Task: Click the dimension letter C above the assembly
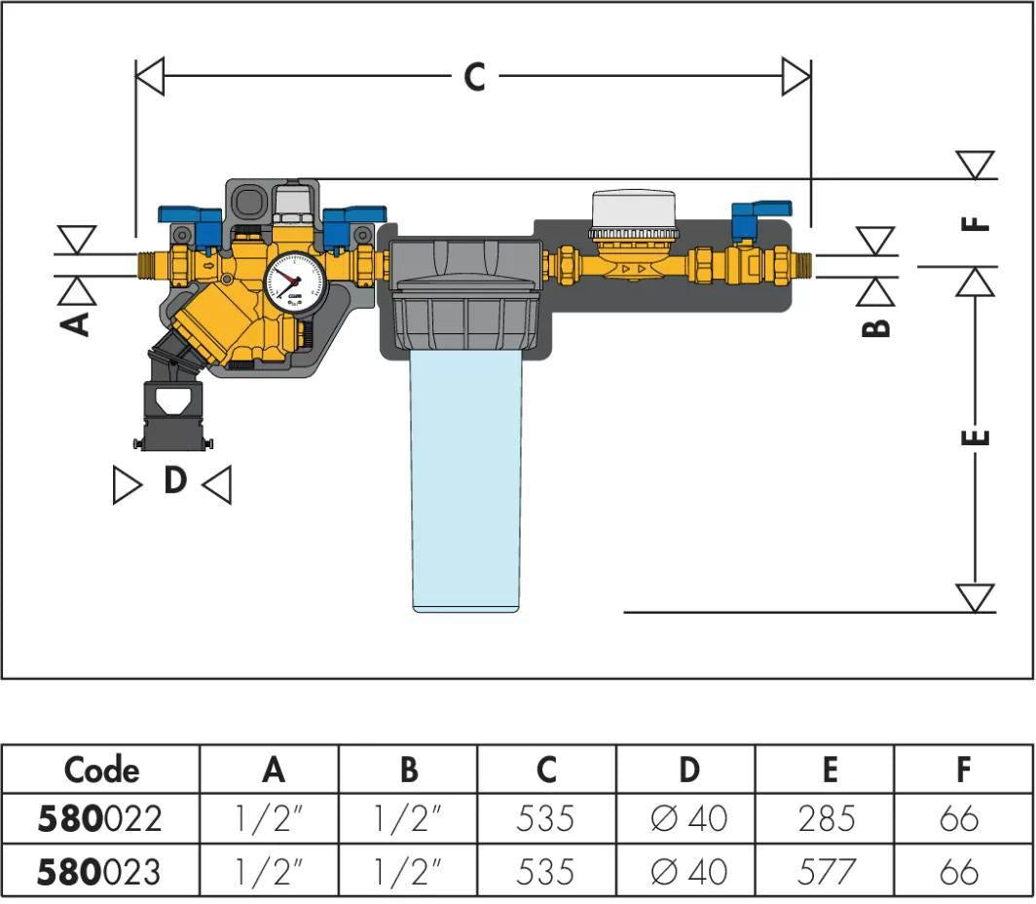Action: click(x=474, y=77)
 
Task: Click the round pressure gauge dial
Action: click(x=295, y=282)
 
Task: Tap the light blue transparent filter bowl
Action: click(x=466, y=479)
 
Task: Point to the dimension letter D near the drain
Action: click(x=175, y=480)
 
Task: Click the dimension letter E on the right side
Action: click(x=976, y=436)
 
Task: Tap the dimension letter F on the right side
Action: click(x=976, y=223)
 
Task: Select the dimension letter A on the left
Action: click(x=75, y=323)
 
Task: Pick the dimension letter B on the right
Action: click(x=876, y=327)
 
